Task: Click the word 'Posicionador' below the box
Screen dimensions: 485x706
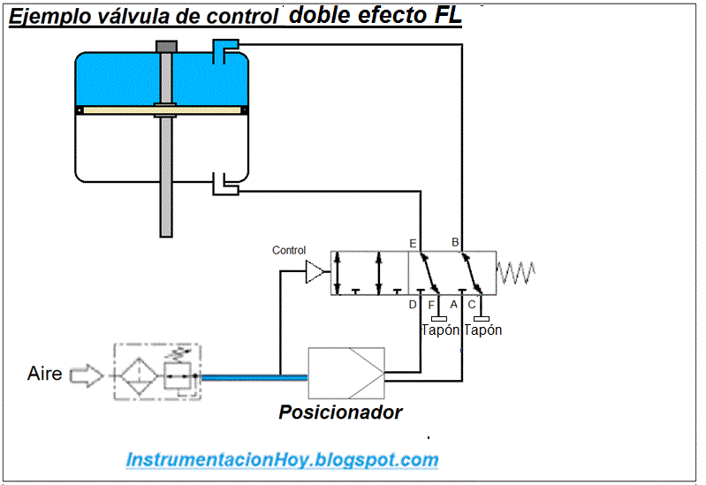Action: [x=340, y=412]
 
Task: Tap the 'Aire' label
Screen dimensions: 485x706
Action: [x=45, y=374]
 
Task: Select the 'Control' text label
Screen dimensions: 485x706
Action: [x=289, y=251]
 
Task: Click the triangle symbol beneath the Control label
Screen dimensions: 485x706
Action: [x=315, y=273]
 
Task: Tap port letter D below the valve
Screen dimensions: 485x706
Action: [x=413, y=305]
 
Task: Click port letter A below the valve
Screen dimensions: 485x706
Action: [x=454, y=305]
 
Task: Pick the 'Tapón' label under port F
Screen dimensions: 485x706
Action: [x=440, y=330]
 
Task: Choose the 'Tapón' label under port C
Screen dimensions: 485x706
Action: [x=483, y=330]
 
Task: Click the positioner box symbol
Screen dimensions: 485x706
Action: [x=345, y=374]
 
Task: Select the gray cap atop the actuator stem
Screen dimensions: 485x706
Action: [x=165, y=46]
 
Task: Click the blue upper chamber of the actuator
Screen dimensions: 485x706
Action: [x=115, y=80]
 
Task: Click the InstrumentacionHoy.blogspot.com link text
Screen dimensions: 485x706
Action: [x=282, y=460]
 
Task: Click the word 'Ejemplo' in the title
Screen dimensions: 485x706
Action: [x=43, y=19]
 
